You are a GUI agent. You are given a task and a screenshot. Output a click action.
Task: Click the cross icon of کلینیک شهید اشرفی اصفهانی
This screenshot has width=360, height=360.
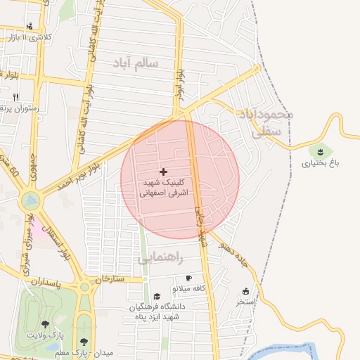pos(164,172)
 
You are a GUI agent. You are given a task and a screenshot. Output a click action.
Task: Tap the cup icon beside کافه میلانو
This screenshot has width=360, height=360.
pos(188,278)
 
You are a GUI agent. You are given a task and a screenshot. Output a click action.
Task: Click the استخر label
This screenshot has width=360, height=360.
pos(245,302)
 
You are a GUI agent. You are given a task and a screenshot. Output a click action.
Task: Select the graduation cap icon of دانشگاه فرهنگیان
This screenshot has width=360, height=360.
pos(157,297)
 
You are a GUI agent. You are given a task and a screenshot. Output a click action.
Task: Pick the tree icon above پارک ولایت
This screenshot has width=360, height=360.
pos(46,325)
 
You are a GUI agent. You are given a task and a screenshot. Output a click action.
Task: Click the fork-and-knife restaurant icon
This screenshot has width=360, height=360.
pos(15,97)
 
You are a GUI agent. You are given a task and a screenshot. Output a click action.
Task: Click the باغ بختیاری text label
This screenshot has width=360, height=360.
pos(321,163)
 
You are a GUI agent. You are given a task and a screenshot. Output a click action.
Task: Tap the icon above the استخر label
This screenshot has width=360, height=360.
pos(245,291)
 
